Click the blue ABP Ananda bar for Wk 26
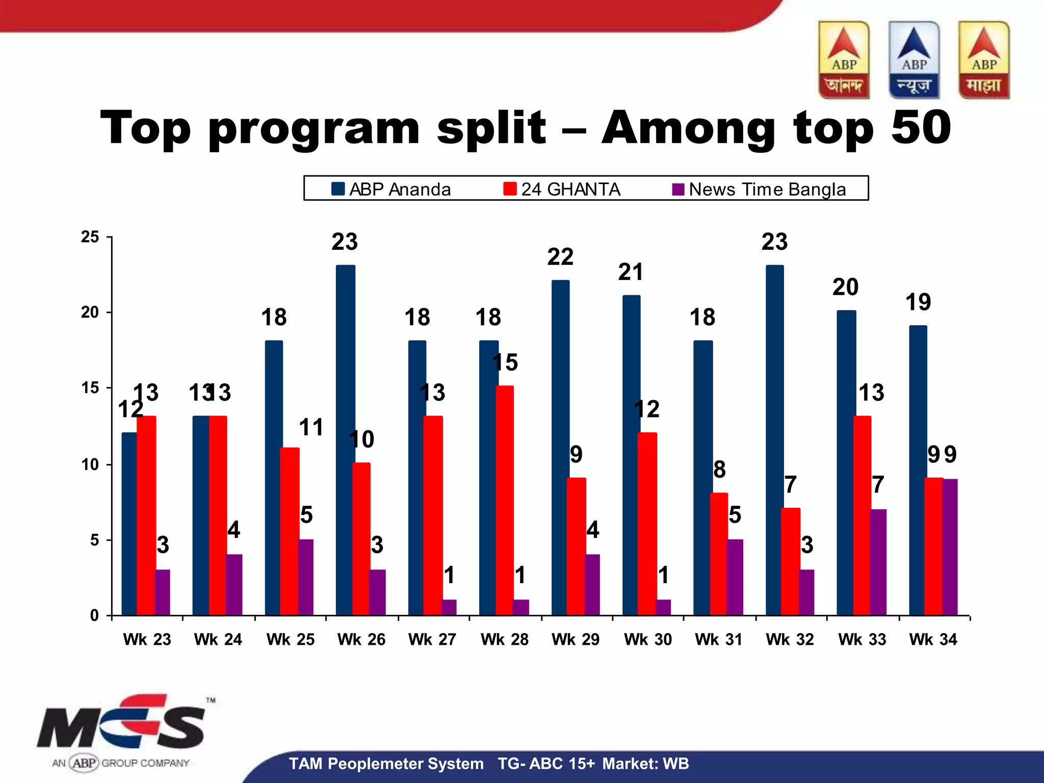pos(345,438)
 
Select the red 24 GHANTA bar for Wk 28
pos(505,500)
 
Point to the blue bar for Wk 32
pos(774,438)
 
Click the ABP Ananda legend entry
pos(391,189)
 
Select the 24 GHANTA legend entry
pos(562,189)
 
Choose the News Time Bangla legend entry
pos(759,189)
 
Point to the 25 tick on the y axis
pos(90,237)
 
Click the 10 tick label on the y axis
pos(90,464)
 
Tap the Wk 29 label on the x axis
pos(576,639)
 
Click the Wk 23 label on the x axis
pos(147,639)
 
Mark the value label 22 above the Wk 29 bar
pos(560,257)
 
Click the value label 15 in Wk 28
pos(505,362)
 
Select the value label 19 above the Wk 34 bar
pos(918,302)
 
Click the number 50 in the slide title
pos(921,127)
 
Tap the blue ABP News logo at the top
pos(914,60)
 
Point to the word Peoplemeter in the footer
pos(405,764)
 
